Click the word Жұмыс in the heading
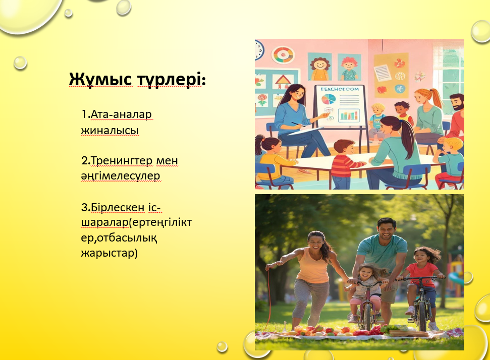point(100,79)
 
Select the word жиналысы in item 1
point(110,130)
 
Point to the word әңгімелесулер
point(121,176)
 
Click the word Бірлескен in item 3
point(118,207)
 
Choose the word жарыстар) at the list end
point(110,253)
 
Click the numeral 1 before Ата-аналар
point(84,114)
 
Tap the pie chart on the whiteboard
point(328,99)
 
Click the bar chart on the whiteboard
point(349,115)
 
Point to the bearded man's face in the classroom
point(457,103)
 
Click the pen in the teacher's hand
point(298,124)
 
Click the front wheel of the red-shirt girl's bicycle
point(422,315)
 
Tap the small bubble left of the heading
point(20,63)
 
